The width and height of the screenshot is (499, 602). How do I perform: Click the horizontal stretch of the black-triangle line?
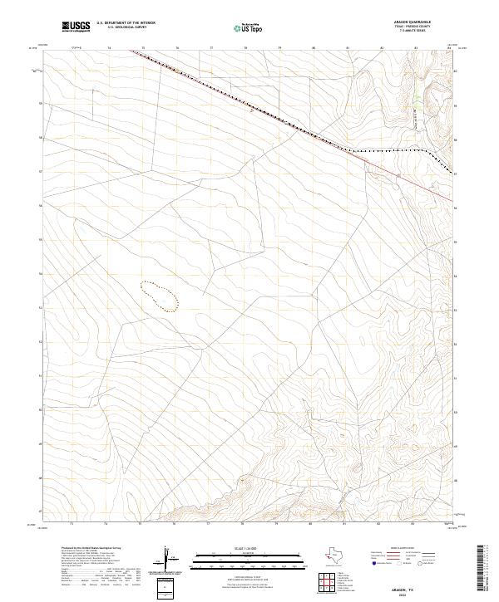391,151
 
